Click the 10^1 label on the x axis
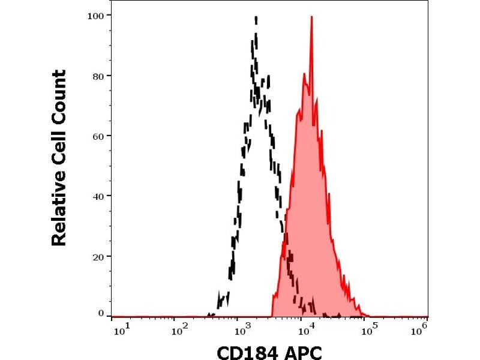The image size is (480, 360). pyautogui.click(x=119, y=329)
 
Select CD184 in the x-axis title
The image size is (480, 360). pyautogui.click(x=245, y=350)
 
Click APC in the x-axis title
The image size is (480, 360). pyautogui.click(x=305, y=350)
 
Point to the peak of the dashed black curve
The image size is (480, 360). pyautogui.click(x=256, y=18)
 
